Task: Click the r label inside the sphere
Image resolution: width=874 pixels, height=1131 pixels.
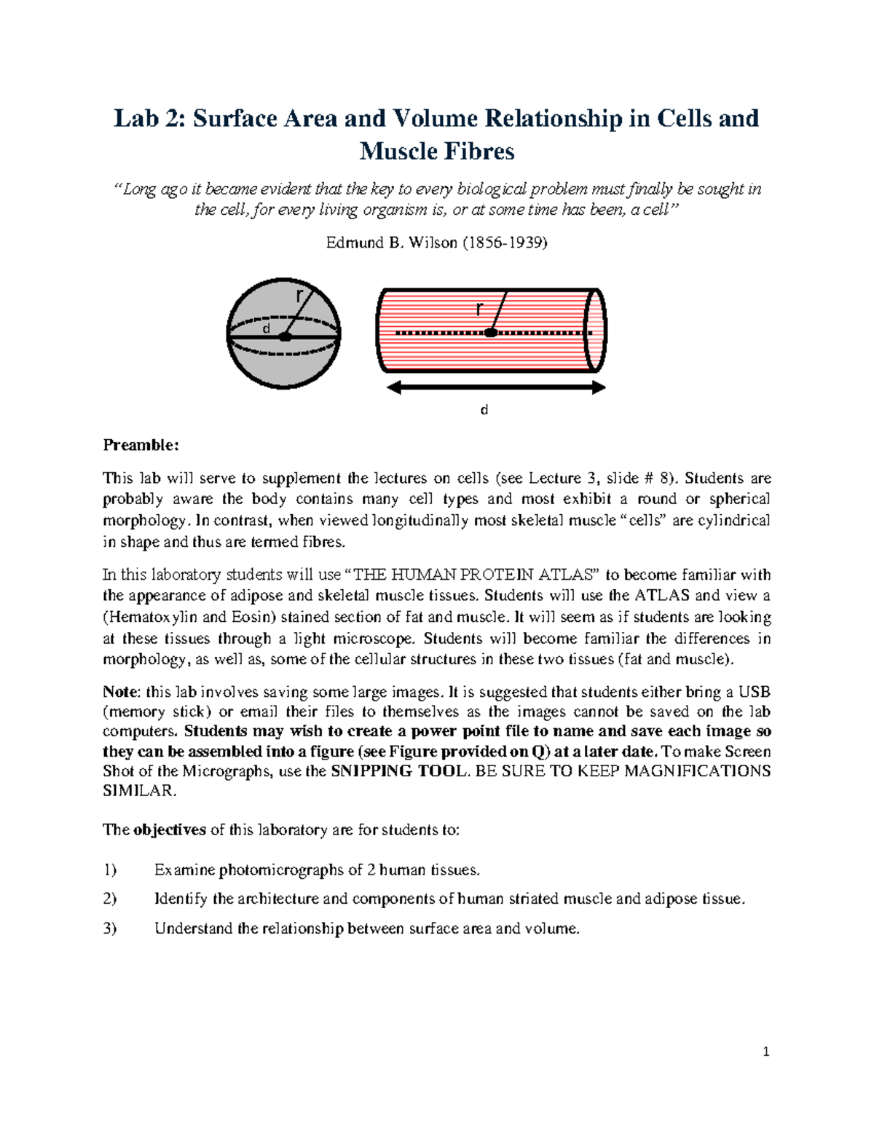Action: [299, 295]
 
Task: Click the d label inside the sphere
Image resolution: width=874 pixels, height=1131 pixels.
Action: [267, 328]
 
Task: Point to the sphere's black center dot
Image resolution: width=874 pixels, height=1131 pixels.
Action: [286, 336]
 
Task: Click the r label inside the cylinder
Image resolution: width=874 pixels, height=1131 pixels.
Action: [479, 309]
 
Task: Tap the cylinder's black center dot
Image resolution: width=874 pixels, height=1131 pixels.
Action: [491, 333]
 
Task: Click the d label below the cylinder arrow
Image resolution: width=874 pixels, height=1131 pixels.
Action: [484, 410]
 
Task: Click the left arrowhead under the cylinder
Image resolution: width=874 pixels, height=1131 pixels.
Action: [394, 388]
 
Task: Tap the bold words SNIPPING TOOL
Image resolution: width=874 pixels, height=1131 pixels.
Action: [398, 771]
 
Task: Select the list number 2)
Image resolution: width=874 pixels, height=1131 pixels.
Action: [110, 899]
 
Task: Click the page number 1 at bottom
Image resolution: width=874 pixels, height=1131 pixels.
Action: [765, 1052]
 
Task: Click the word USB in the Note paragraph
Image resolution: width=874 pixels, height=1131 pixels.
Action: [755, 692]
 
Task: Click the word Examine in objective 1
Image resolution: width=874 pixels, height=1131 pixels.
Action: [185, 870]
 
